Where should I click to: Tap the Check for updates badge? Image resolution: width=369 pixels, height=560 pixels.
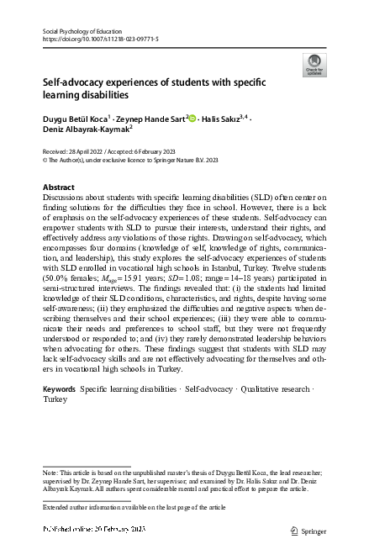[314, 65]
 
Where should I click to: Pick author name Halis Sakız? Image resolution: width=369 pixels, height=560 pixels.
[223, 119]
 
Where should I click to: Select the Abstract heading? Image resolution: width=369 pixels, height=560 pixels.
[58, 186]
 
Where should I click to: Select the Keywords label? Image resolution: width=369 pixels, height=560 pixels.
[59, 389]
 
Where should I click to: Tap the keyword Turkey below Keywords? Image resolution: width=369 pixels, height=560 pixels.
[55, 400]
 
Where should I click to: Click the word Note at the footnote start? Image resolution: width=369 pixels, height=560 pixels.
[50, 474]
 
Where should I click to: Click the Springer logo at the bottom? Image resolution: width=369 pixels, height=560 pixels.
[307, 530]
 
